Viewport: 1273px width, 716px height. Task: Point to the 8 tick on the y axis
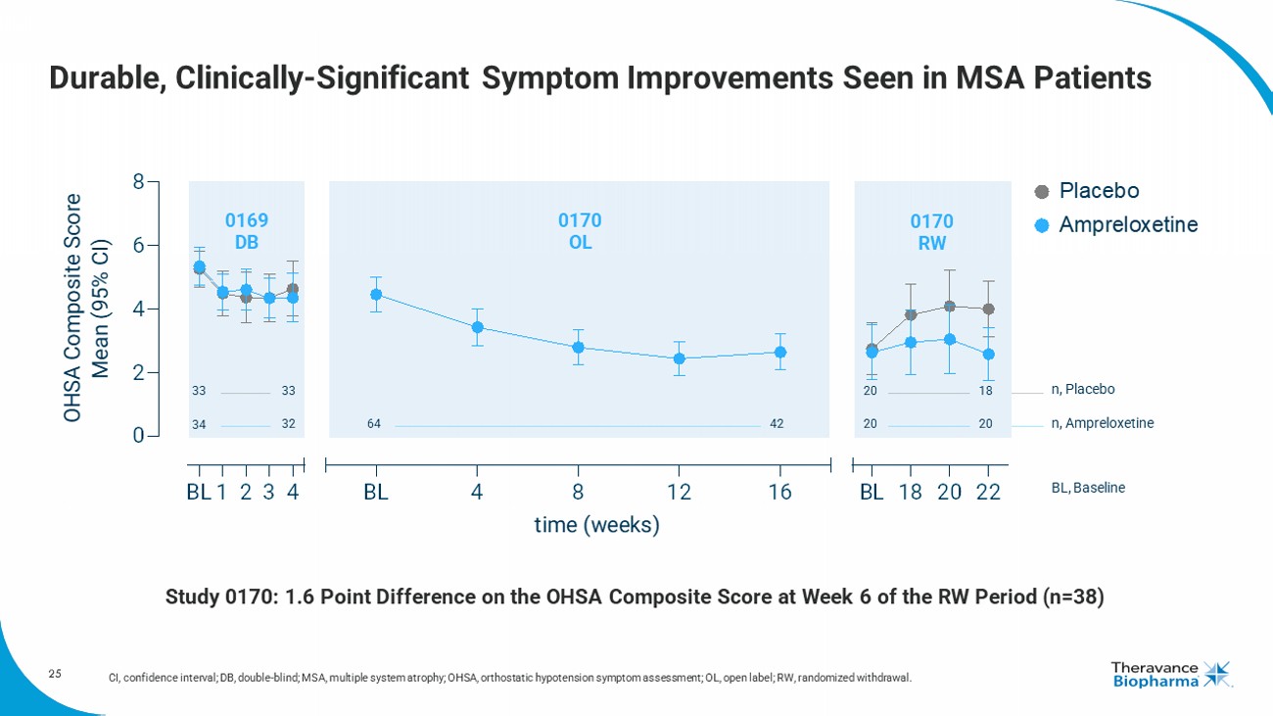[x=139, y=181]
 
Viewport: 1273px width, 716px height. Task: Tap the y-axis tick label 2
[x=139, y=373]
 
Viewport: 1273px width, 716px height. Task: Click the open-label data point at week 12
[x=680, y=358]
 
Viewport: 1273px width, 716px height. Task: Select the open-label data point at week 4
[x=477, y=327]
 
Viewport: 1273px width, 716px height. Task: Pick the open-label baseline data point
[x=375, y=294]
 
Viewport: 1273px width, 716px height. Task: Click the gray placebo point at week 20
[x=949, y=307]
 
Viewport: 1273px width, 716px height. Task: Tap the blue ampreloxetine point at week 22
[x=988, y=354]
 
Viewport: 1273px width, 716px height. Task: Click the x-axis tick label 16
[x=779, y=493]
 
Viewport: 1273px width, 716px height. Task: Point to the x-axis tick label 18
[x=911, y=493]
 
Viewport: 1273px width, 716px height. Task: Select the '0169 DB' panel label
[x=247, y=231]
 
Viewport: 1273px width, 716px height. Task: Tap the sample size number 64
[x=374, y=424]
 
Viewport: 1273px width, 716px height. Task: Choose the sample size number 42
[x=777, y=424]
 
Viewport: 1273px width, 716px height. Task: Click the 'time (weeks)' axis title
[x=597, y=526]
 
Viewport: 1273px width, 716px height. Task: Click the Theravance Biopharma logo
[x=1170, y=675]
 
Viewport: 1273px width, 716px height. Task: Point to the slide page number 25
[x=55, y=674]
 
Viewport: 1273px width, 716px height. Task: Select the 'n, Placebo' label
[x=1083, y=390]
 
